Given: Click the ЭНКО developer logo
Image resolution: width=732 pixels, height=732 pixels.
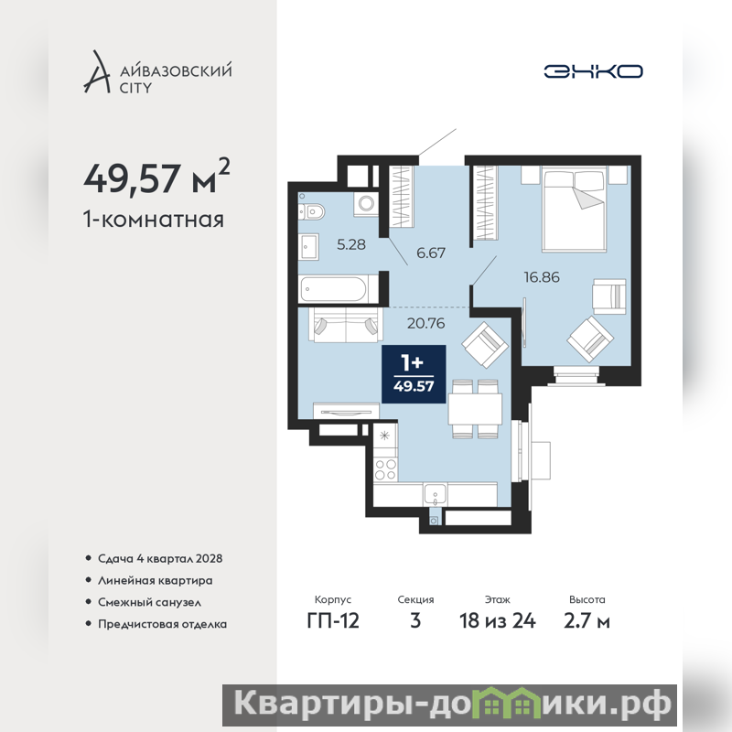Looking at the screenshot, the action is pyautogui.click(x=593, y=71).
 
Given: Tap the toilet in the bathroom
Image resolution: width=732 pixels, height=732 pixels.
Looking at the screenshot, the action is pyautogui.click(x=312, y=212).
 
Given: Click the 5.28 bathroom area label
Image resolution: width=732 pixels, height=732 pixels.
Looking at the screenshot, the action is pyautogui.click(x=351, y=244).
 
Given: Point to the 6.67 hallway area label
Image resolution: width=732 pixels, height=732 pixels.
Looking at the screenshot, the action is pyautogui.click(x=430, y=253).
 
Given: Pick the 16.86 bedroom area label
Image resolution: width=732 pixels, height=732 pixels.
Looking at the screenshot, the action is pyautogui.click(x=542, y=277).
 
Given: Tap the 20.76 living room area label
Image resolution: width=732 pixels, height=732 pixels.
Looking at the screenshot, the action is pyautogui.click(x=425, y=323).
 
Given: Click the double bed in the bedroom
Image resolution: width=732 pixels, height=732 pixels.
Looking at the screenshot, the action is pyautogui.click(x=574, y=209).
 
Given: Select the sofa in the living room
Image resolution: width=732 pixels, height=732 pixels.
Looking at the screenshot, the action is pyautogui.click(x=346, y=325).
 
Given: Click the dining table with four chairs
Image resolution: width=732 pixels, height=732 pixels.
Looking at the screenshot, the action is pyautogui.click(x=475, y=409).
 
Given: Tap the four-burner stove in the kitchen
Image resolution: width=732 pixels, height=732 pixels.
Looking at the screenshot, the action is pyautogui.click(x=385, y=469).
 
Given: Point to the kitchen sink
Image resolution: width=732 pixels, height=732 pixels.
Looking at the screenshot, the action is pyautogui.click(x=435, y=494).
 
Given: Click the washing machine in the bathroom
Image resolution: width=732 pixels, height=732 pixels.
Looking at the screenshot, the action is pyautogui.click(x=366, y=204).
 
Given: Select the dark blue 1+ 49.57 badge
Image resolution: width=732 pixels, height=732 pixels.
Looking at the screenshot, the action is pyautogui.click(x=414, y=374).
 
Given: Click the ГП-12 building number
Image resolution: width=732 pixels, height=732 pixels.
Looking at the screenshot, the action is pyautogui.click(x=333, y=621).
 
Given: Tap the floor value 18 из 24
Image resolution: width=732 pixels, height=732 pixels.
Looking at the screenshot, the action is pyautogui.click(x=498, y=621).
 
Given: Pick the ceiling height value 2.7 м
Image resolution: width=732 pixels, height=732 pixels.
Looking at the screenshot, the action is pyautogui.click(x=587, y=621).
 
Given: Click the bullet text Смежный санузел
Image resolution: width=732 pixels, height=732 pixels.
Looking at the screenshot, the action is pyautogui.click(x=149, y=602).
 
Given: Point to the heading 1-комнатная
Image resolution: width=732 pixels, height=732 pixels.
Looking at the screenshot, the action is pyautogui.click(x=154, y=219).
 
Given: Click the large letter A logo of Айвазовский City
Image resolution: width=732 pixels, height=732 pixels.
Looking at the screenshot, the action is pyautogui.click(x=98, y=71).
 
